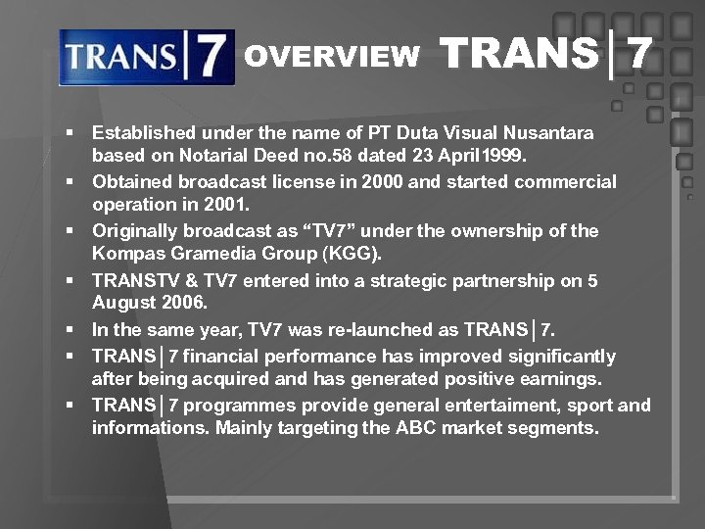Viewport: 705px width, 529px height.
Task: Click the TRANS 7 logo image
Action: click(x=146, y=57)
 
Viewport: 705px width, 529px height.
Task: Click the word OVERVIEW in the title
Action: click(x=331, y=57)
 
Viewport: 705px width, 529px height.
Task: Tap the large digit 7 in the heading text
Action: click(x=639, y=55)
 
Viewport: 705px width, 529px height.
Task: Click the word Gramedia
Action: click(x=200, y=254)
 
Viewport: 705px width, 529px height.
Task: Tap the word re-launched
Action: click(x=368, y=329)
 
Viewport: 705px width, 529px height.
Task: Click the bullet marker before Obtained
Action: click(x=71, y=182)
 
